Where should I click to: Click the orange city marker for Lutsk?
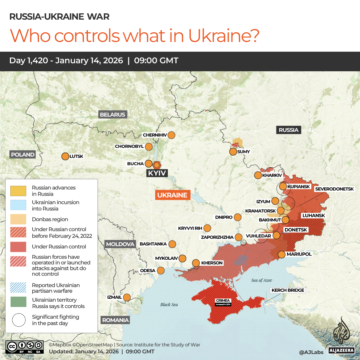click(65, 156)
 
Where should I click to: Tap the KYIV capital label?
click(157, 173)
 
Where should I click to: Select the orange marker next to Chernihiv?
click(172, 135)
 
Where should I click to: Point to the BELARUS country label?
click(113, 115)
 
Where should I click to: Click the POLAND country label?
click(23, 155)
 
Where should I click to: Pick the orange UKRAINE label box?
click(173, 195)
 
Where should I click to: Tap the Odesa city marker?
click(161, 270)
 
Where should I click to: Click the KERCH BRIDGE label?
click(288, 290)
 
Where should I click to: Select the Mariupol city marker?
click(282, 254)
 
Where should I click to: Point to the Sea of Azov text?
click(262, 280)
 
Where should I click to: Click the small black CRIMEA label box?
click(223, 302)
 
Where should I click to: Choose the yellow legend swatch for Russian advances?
click(18, 191)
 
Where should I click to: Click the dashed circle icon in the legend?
click(18, 320)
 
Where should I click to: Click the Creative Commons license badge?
click(25, 346)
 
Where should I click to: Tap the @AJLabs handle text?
click(311, 351)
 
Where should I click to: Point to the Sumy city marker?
click(233, 152)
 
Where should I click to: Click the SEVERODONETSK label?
click(334, 189)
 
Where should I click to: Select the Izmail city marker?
click(127, 297)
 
